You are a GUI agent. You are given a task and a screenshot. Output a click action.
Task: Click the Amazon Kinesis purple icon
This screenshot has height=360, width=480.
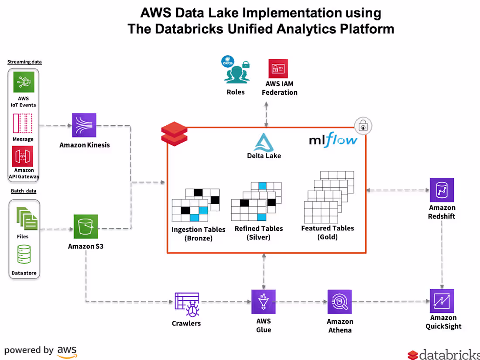(x=84, y=126)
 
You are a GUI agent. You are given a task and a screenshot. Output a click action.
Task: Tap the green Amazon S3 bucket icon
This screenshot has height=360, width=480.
(x=86, y=226)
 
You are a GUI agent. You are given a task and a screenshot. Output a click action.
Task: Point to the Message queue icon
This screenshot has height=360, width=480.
(x=23, y=123)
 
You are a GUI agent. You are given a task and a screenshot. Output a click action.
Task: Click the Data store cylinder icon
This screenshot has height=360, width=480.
(x=24, y=254)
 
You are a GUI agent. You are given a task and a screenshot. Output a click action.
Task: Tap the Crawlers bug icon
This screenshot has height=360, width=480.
(x=187, y=304)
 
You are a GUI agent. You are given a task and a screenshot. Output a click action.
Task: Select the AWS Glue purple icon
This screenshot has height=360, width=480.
(x=263, y=301)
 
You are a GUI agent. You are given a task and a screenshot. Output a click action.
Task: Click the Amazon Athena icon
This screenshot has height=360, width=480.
(x=339, y=302)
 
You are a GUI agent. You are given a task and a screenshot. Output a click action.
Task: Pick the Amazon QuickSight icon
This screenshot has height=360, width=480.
(x=442, y=301)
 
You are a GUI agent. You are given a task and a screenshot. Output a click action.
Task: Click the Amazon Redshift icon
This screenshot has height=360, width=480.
(x=442, y=190)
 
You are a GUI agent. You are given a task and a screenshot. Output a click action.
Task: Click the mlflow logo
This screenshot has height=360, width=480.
(x=333, y=140)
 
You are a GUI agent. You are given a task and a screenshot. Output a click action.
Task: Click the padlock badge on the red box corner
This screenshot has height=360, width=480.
(x=363, y=127)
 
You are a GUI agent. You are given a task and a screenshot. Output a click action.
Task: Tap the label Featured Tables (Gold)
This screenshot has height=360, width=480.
(x=327, y=233)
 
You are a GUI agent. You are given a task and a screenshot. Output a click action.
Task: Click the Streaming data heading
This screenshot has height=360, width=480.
(x=24, y=62)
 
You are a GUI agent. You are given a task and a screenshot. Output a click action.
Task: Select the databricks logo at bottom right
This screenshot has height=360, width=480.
(x=442, y=354)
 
